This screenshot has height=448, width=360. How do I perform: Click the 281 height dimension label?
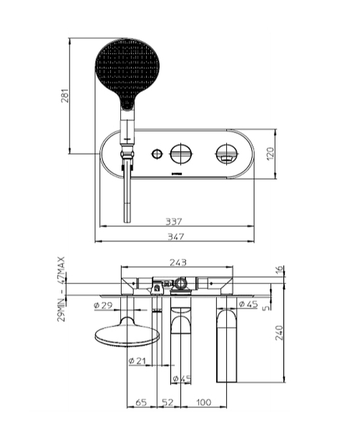[66, 96]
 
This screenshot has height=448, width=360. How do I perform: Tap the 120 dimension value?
[270, 153]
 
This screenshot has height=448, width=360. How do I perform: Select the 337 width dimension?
[174, 221]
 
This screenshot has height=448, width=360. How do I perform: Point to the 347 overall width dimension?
[176, 236]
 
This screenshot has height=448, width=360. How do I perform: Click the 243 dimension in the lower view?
[177, 262]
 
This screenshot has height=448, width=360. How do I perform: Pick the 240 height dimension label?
[279, 333]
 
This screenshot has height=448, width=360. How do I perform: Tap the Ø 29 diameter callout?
[103, 305]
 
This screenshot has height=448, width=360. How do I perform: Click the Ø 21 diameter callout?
[137, 361]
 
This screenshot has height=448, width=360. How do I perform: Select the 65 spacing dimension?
[141, 402]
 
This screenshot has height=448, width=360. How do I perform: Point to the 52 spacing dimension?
[168, 402]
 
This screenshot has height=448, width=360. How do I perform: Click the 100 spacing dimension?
[204, 402]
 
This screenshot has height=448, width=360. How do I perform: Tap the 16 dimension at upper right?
[279, 269]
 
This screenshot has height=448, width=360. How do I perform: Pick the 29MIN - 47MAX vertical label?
[62, 289]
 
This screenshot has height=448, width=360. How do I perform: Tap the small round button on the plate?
[157, 154]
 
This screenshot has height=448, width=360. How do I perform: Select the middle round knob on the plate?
[181, 153]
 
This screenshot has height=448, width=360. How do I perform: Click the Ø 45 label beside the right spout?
[248, 304]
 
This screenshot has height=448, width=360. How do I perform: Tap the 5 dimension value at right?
[266, 308]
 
